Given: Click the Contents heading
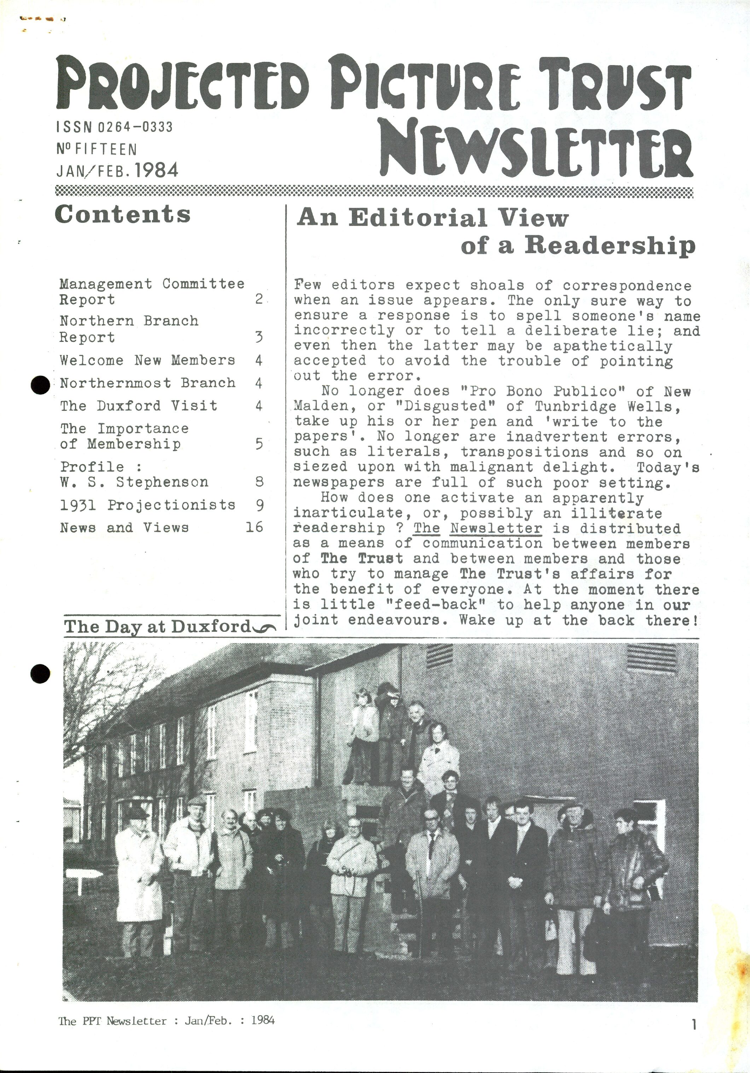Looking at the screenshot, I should tap(122, 215).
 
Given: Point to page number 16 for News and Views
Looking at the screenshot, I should tap(254, 527).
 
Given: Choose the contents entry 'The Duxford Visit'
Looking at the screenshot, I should tap(138, 405).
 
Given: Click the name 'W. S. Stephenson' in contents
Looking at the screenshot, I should tap(134, 482).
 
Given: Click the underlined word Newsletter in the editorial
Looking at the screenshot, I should tap(496, 528).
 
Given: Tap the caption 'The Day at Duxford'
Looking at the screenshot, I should tap(158, 626).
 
